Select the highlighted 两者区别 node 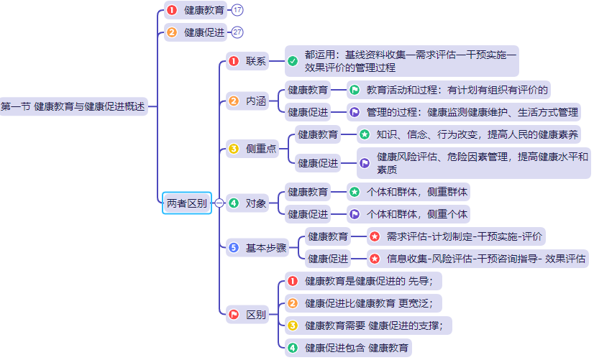[186, 203]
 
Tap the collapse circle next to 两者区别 [219, 203]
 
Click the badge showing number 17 [237, 10]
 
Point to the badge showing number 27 [237, 32]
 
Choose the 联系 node [255, 61]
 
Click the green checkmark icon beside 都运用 [293, 61]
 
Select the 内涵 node [255, 101]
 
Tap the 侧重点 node [261, 149]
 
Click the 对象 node [255, 203]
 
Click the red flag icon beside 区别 [234, 314]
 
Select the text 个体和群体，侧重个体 [417, 214]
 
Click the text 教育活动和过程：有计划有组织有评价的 [457, 90]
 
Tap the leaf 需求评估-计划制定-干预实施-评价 [465, 236]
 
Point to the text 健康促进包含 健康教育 [357, 349]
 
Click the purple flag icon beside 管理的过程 [355, 112]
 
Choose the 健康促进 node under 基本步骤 [328, 258]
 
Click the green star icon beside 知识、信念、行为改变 [365, 134]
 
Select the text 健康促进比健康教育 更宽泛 [373, 303]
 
